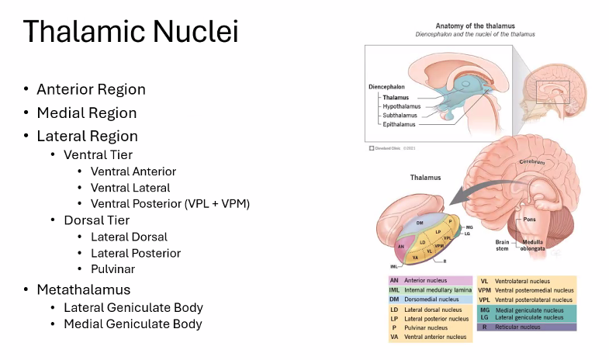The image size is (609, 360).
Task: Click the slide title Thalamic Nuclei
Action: tap(130, 33)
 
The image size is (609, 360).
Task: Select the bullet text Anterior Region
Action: tap(91, 89)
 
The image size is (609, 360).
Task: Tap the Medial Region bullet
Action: tap(86, 112)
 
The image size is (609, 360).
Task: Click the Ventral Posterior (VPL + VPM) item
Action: tap(169, 204)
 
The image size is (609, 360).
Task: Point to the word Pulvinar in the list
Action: tap(113, 269)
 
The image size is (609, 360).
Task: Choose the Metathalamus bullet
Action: tap(85, 289)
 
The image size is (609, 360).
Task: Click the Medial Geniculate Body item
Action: tap(133, 324)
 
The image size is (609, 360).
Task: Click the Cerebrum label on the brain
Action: tap(533, 162)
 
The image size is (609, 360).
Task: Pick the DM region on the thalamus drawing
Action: tap(420, 223)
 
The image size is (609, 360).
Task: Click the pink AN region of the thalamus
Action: tap(401, 247)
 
